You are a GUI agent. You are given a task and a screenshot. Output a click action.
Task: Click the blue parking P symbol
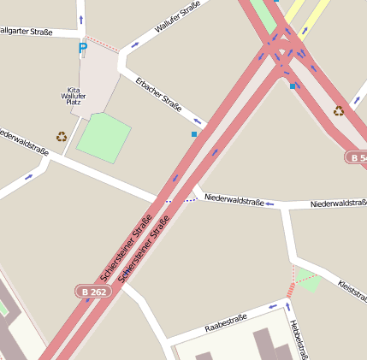pyautogui.click(x=82, y=49)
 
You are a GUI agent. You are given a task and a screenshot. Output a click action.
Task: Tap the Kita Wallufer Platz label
pyautogui.click(x=74, y=97)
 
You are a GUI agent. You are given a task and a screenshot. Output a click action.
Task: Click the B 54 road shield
pyautogui.click(x=357, y=157)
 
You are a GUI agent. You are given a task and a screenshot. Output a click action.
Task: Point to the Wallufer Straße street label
pyautogui.click(x=177, y=16)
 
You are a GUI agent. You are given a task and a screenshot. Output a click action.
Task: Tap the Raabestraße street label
pyautogui.click(x=226, y=323)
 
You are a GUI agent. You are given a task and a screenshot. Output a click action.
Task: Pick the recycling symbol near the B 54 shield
pyautogui.click(x=339, y=110)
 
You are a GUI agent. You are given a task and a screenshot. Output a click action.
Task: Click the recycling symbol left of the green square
pyautogui.click(x=62, y=136)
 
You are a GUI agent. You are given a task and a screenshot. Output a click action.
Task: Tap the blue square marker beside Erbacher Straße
pyautogui.click(x=194, y=134)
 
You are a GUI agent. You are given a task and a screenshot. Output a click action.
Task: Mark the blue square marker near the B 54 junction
pyautogui.click(x=293, y=86)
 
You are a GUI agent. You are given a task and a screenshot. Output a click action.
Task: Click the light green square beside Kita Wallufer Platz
pyautogui.click(x=104, y=136)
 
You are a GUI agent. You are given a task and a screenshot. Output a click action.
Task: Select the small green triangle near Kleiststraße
pyautogui.click(x=308, y=280)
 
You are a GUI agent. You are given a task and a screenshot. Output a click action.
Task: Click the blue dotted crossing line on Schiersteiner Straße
pyautogui.click(x=181, y=200)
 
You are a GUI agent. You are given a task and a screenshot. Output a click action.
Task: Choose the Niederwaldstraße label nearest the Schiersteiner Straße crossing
pyautogui.click(x=234, y=200)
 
